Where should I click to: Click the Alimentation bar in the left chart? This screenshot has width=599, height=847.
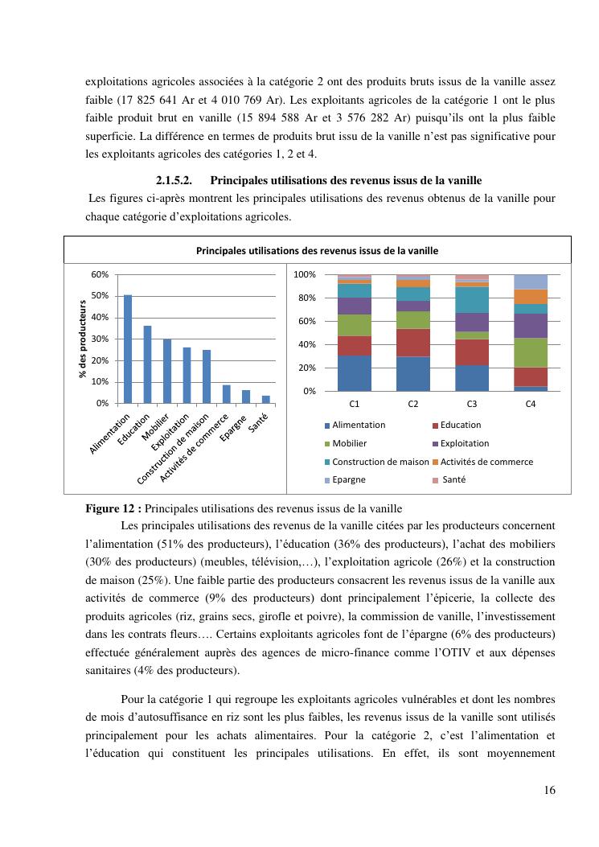click(128, 348)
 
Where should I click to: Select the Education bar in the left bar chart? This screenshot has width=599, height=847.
click(147, 364)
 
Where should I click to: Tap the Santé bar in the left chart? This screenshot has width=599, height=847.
click(265, 399)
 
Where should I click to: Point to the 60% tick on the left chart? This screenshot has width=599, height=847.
click(100, 274)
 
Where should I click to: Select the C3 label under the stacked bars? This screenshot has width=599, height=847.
click(471, 404)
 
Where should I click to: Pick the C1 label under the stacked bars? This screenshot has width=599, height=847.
click(354, 404)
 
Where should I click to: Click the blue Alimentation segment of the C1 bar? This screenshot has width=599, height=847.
click(354, 373)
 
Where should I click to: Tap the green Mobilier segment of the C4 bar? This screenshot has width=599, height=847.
click(531, 352)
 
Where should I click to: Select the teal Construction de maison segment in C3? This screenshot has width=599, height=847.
click(472, 299)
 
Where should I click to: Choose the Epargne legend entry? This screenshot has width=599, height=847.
click(348, 479)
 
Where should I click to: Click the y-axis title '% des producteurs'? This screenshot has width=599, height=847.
click(83, 339)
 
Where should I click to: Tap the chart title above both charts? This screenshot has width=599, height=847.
click(317, 250)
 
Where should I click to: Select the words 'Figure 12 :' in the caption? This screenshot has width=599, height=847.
click(113, 508)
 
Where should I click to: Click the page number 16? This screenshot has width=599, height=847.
click(548, 790)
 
